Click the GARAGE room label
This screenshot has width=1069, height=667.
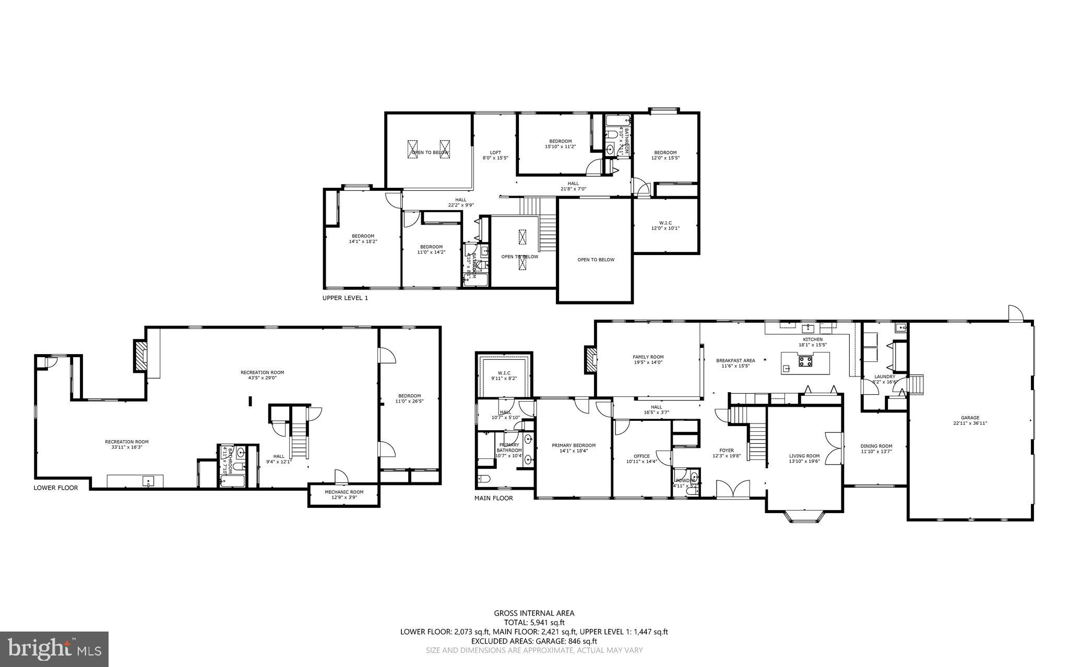(x=970, y=418)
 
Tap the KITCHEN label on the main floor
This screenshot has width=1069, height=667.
(x=813, y=339)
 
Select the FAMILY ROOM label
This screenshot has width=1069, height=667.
(x=648, y=357)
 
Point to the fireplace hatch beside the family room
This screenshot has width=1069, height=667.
(x=590, y=360)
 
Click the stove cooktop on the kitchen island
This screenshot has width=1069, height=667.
(x=805, y=361)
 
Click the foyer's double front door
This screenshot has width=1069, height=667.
(x=734, y=490)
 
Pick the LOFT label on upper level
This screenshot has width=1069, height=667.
(x=495, y=153)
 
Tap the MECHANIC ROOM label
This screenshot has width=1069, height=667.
(x=344, y=492)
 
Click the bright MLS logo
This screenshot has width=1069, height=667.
(x=54, y=649)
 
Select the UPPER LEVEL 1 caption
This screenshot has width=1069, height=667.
(x=345, y=298)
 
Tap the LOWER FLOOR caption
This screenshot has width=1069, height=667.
(x=56, y=488)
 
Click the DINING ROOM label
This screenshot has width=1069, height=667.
(x=876, y=446)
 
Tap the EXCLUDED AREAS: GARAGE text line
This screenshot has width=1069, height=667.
(x=534, y=641)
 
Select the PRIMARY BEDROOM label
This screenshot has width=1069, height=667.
(x=574, y=445)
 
